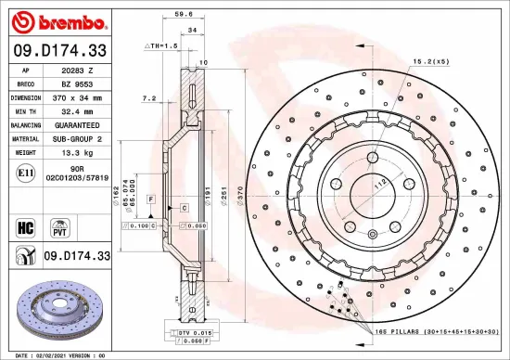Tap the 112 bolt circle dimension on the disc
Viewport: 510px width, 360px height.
point(377,183)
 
